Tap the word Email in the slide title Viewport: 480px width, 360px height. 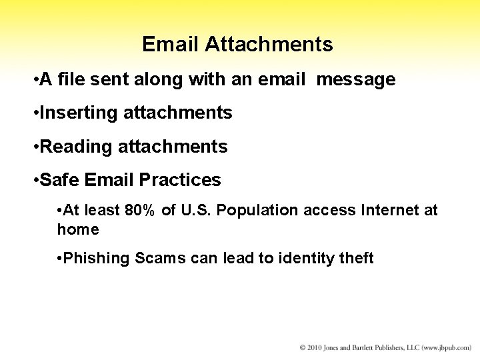(171, 45)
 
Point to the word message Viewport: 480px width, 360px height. (356, 80)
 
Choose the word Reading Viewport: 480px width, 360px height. (77, 147)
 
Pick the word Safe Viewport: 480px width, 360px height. (56, 180)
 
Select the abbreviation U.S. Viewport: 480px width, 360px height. (195, 211)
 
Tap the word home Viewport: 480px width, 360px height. (78, 230)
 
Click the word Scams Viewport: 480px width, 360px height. (158, 259)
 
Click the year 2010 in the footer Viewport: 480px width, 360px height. (315, 348)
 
